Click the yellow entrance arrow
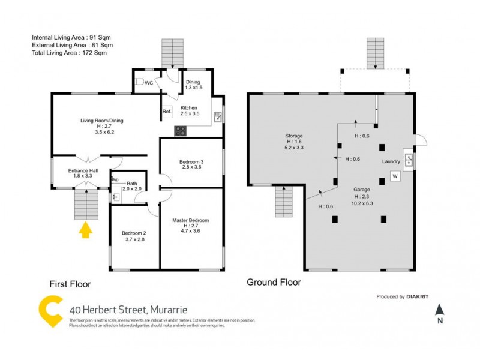click(x=85, y=229)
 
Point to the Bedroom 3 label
click(x=191, y=162)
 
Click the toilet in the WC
click(x=139, y=82)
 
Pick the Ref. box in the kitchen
click(x=167, y=112)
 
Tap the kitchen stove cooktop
click(x=180, y=130)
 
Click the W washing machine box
click(x=395, y=176)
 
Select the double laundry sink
click(x=409, y=160)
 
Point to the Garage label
click(x=361, y=189)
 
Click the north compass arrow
click(x=439, y=310)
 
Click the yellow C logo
click(x=50, y=311)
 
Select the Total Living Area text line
click(x=69, y=53)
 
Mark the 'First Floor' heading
click(x=70, y=284)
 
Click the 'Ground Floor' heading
click(x=274, y=282)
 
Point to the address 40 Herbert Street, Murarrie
click(x=128, y=310)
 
